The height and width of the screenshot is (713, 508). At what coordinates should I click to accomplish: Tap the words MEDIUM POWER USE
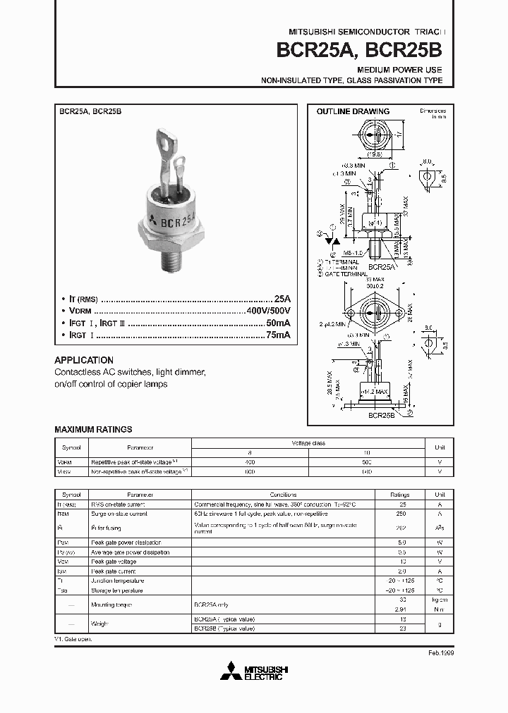point(399,70)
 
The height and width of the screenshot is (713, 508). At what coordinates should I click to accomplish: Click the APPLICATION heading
point(84,359)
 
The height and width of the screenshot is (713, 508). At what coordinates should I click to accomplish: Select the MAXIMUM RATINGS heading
point(93,429)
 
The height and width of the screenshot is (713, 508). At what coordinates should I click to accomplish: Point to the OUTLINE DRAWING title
point(353,111)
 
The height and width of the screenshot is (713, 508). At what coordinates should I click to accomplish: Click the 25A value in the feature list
point(282,299)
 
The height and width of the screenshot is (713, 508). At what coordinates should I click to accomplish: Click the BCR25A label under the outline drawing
point(381,267)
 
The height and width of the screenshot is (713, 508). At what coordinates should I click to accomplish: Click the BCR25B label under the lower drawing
point(381,416)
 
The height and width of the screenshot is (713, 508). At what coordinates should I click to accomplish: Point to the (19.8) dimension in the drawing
point(375,154)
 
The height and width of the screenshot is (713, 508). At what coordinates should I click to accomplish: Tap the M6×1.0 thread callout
point(353,252)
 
